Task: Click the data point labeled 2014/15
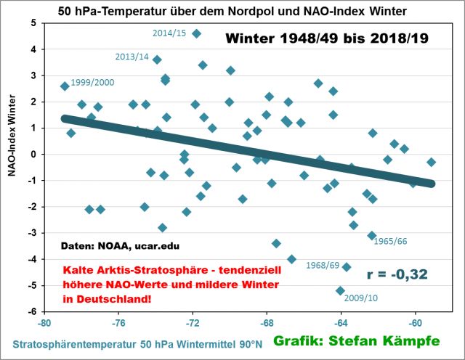tap(196, 33)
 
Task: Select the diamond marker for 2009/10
tap(340, 291)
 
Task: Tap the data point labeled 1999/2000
tap(65, 86)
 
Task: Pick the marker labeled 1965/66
tap(372, 235)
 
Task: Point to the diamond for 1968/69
tap(347, 267)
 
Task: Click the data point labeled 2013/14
tap(157, 60)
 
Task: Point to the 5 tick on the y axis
tap(33, 22)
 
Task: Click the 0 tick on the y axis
tap(33, 155)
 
